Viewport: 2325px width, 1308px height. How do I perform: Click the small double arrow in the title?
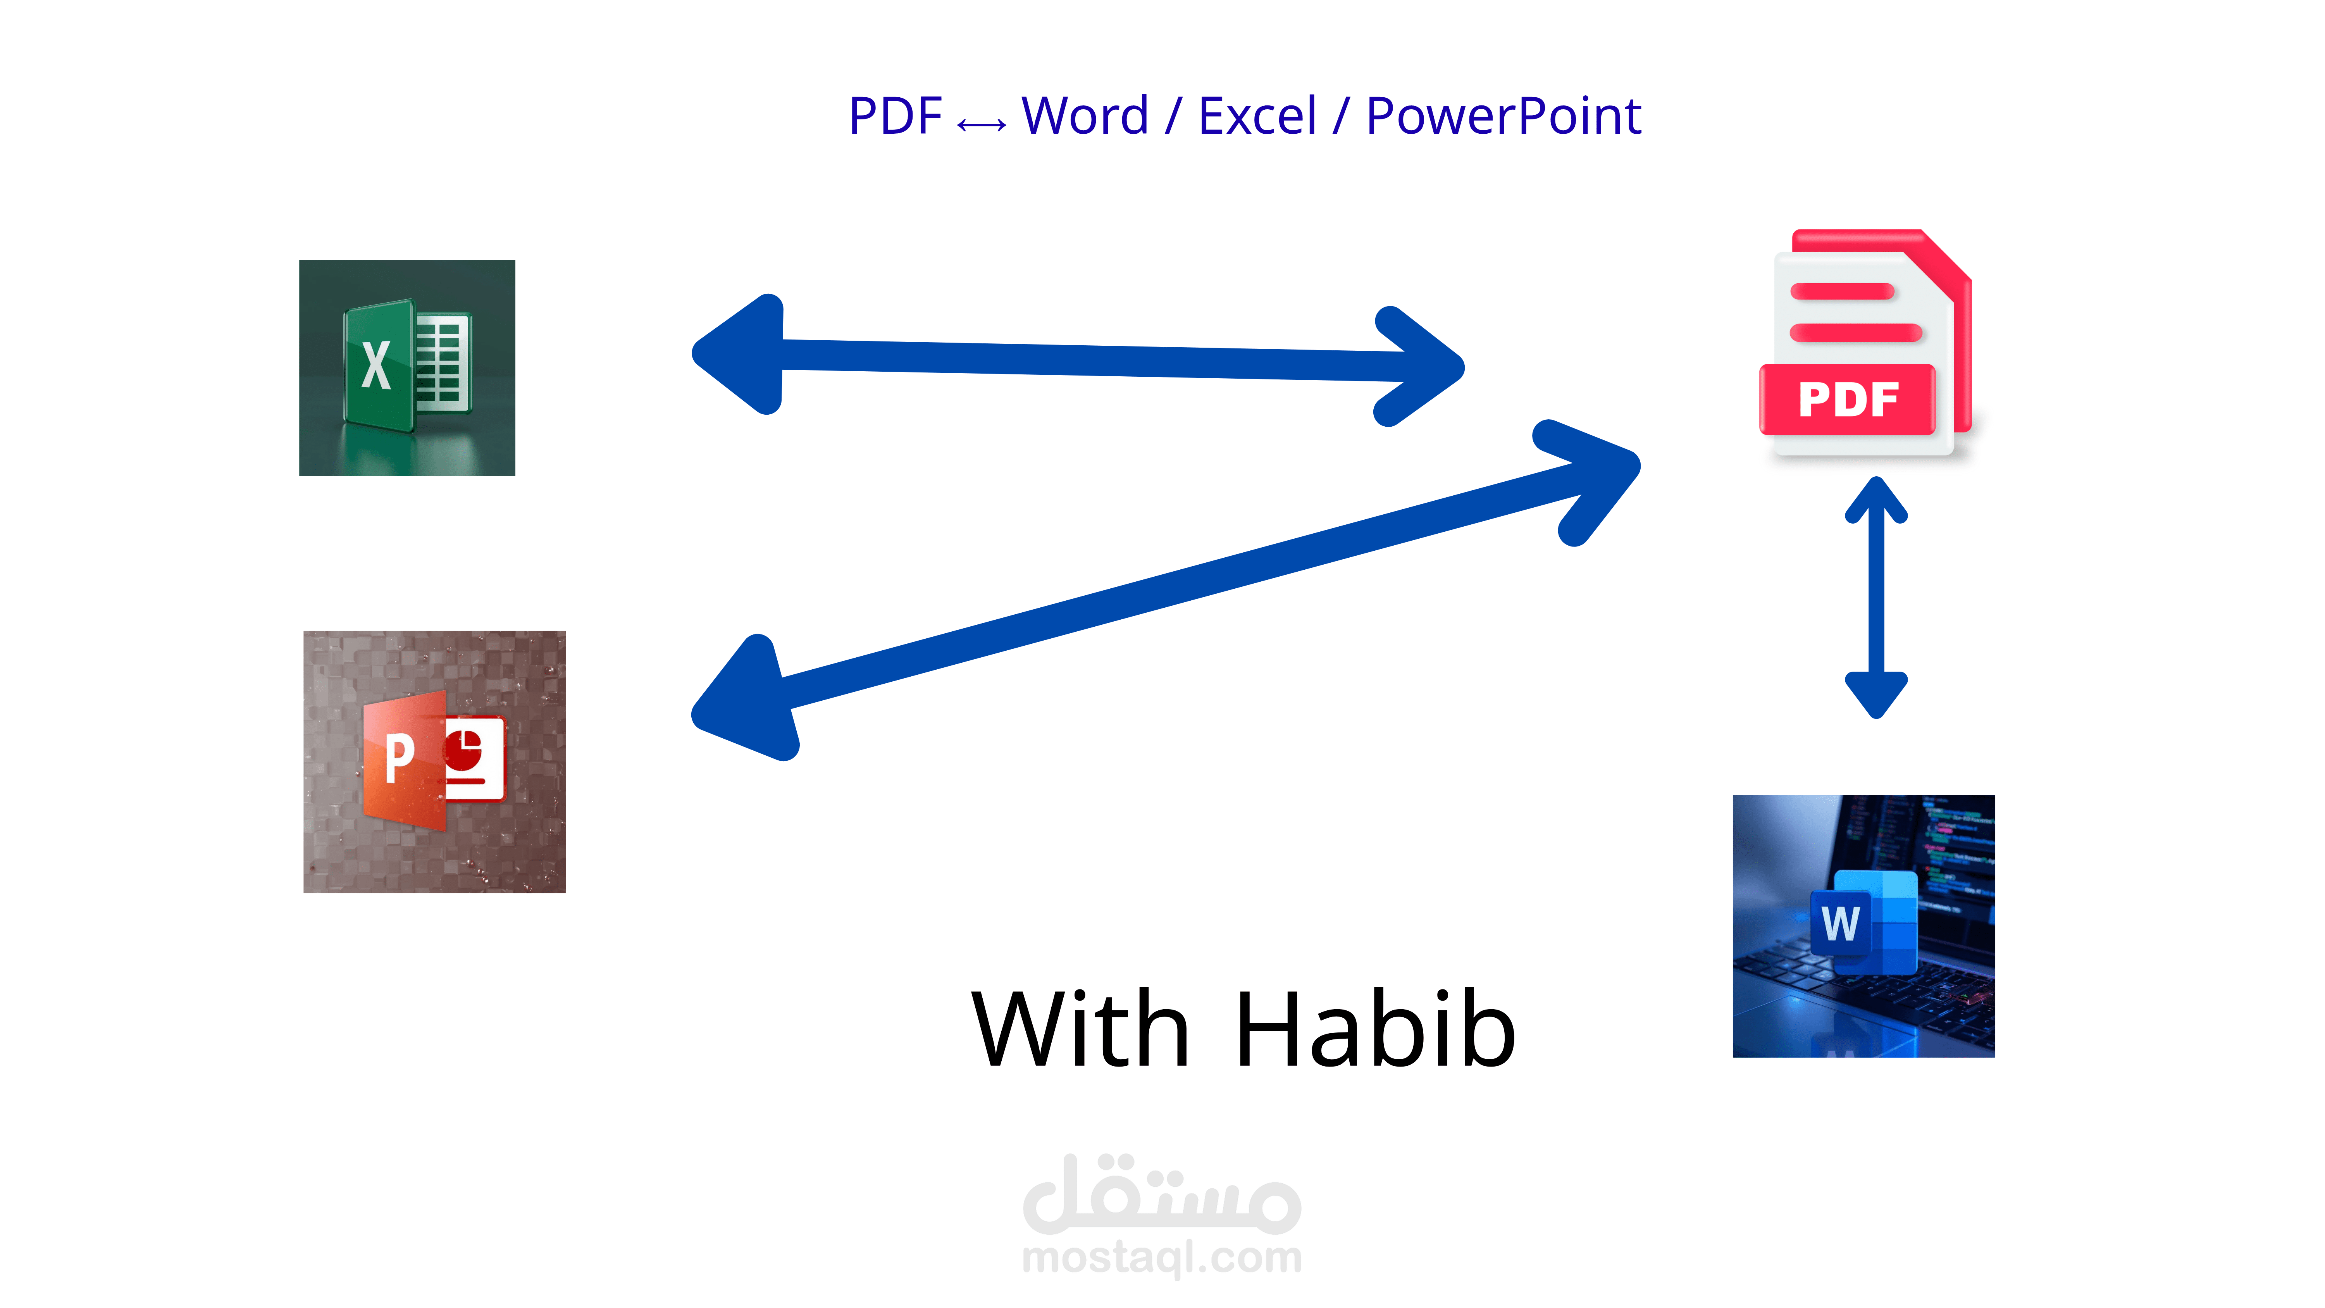pos(981,124)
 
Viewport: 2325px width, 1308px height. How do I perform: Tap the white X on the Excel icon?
pos(375,365)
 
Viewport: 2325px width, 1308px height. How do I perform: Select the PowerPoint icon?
pos(434,762)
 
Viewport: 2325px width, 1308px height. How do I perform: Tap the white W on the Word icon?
pos(1840,922)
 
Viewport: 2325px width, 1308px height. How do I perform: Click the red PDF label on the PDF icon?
pos(1848,399)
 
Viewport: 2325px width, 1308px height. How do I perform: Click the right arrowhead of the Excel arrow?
pos(1421,367)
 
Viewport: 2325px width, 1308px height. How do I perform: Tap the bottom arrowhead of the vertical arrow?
pos(1875,693)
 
